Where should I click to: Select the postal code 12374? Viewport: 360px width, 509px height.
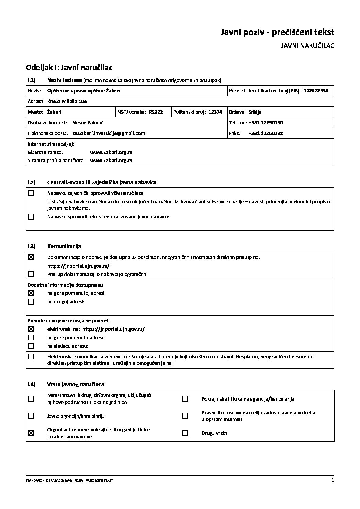(215, 112)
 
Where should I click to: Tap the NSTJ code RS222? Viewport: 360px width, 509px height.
(156, 112)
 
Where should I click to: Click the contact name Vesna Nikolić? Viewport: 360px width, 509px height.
(88, 123)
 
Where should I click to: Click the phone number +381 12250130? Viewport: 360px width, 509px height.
(265, 123)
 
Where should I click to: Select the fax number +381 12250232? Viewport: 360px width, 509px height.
(265, 133)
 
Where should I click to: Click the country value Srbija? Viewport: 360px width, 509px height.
(255, 112)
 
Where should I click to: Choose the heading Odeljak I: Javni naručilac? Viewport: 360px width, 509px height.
(69, 68)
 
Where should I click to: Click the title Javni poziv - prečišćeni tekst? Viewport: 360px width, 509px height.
(277, 32)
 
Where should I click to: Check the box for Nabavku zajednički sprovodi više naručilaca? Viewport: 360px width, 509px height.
(31, 193)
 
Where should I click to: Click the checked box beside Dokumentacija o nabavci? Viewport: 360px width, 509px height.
(31, 257)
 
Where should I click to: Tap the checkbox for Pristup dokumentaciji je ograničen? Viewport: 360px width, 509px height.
(31, 274)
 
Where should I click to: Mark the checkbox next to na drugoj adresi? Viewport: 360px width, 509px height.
(31, 301)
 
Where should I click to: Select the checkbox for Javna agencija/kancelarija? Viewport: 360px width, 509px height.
(31, 416)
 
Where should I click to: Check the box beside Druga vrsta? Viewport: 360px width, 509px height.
(185, 433)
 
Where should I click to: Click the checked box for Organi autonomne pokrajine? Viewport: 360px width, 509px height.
(31, 433)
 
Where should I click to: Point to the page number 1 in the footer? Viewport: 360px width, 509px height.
(332, 480)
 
